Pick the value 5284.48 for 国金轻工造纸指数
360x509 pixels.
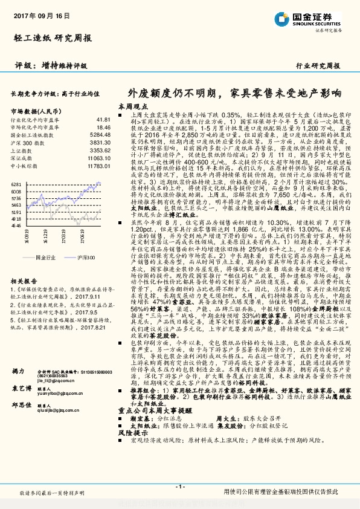point(100,135)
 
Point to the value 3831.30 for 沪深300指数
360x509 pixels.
point(100,143)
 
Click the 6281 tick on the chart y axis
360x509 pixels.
point(16,184)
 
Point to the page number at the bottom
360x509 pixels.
point(179,486)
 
